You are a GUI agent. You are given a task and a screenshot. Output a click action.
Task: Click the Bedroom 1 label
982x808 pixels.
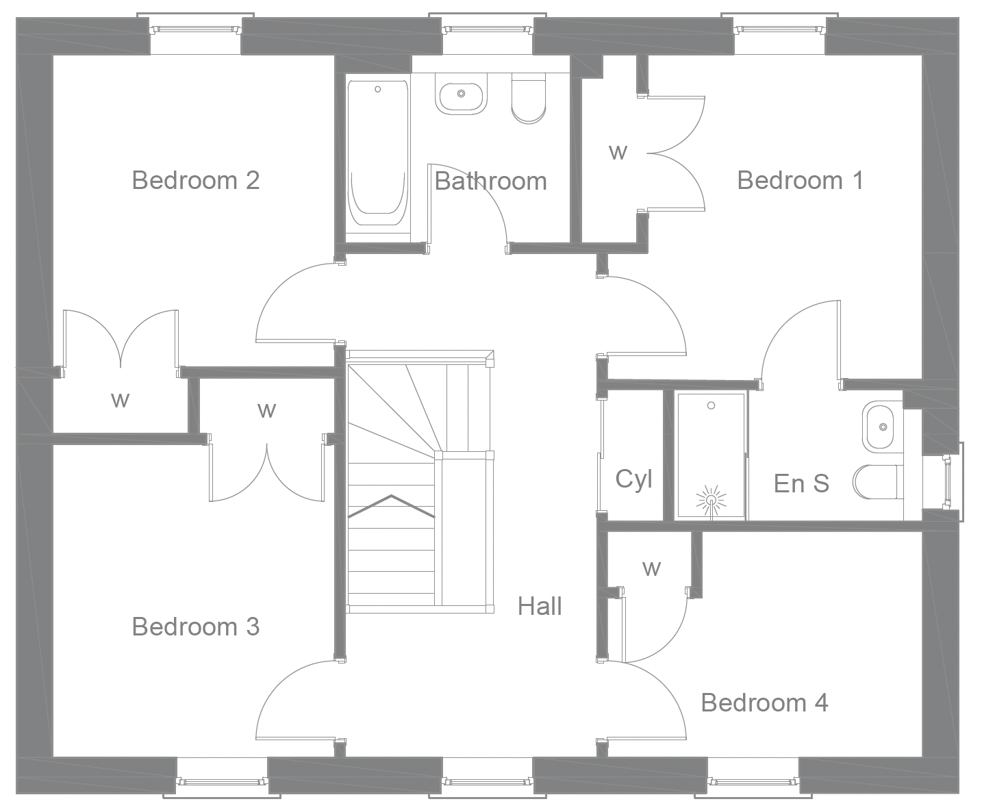800,180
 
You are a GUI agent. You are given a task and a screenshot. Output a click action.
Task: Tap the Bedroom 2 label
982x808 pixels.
195,180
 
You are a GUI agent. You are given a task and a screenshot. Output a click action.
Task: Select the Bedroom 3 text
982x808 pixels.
195,626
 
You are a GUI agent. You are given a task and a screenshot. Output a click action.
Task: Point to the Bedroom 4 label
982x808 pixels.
764,703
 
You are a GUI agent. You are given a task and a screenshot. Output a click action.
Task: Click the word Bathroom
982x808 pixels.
490,181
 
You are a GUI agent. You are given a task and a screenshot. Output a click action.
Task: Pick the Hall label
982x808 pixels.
540,606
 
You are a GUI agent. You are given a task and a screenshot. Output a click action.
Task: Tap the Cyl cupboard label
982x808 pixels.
633,479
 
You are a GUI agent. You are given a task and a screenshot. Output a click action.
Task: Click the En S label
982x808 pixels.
801,483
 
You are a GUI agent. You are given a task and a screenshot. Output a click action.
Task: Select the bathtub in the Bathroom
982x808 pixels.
377,154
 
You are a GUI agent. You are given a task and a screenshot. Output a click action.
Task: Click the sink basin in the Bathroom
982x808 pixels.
462,95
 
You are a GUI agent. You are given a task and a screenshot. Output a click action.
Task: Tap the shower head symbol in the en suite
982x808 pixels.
711,499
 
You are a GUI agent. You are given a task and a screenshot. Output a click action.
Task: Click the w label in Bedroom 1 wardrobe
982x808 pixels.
618,151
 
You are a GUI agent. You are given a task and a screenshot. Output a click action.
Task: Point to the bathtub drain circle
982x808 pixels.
377,89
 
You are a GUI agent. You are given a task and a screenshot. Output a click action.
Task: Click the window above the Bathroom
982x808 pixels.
487,29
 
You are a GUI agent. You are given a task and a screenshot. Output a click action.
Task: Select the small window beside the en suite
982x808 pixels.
949,481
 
